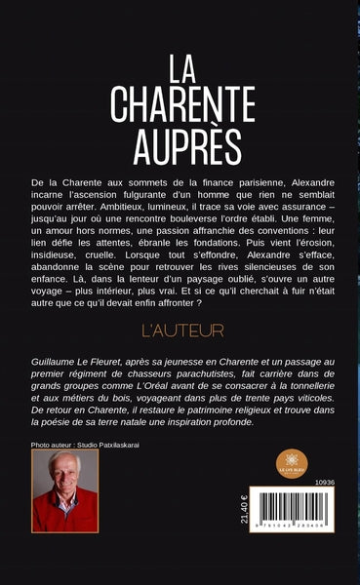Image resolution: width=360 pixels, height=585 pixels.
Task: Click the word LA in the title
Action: pos(180,69)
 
